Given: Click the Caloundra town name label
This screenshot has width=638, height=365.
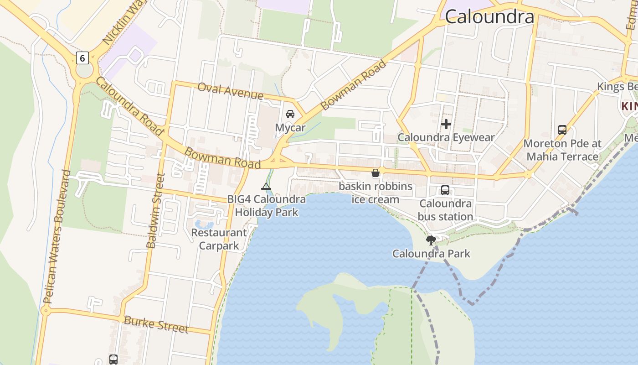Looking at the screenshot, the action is point(489,17).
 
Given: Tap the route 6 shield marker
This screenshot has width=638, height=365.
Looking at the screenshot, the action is point(82,58).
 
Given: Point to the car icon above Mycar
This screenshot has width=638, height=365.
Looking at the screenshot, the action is point(290,114).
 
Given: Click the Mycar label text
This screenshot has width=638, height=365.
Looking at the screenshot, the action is point(290,127).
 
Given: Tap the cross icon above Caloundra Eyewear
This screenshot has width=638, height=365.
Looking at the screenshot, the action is point(446,124).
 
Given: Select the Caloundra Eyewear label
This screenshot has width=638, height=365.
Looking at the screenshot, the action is point(446,137).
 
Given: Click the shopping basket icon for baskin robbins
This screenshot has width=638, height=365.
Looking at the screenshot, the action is point(376,173).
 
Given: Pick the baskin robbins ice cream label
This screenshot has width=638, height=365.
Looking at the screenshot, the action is point(376,193).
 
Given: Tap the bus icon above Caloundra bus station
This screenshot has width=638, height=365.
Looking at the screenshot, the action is point(445,190).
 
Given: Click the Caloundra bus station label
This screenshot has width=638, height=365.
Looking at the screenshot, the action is point(445,210).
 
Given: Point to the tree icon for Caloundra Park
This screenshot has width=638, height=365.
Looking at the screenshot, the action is point(431,240).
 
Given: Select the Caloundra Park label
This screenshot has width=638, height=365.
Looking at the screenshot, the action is point(431,254).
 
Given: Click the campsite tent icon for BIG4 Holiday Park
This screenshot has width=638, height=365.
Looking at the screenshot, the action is point(266,186).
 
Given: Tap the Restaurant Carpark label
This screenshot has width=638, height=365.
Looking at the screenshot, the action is point(219,239).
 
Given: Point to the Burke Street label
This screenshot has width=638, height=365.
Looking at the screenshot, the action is point(156,324).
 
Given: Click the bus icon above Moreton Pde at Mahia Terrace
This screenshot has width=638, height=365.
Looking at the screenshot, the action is point(562,130).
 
